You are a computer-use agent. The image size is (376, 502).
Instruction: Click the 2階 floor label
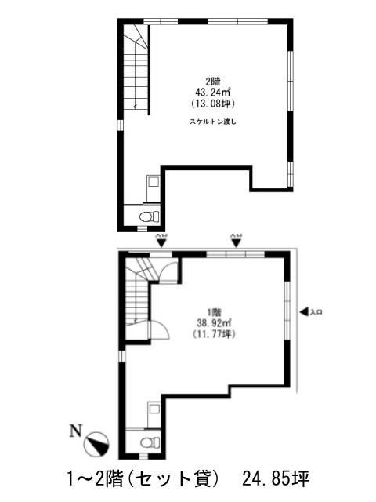pyautogui.click(x=212, y=81)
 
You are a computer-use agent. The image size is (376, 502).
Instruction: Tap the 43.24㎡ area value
pyautogui.click(x=212, y=92)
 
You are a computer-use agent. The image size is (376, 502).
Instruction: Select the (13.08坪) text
pyautogui.click(x=212, y=103)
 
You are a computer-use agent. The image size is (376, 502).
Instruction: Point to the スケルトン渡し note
pyautogui.click(x=212, y=122)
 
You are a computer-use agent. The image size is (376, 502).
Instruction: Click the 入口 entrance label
pyautogui.click(x=317, y=312)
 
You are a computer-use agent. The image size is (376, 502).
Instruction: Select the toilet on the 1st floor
pyautogui.click(x=146, y=442)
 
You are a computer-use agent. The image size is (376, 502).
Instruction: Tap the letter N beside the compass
pyautogui.click(x=75, y=430)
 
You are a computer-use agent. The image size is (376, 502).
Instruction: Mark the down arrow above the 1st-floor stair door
pyautogui.click(x=161, y=242)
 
